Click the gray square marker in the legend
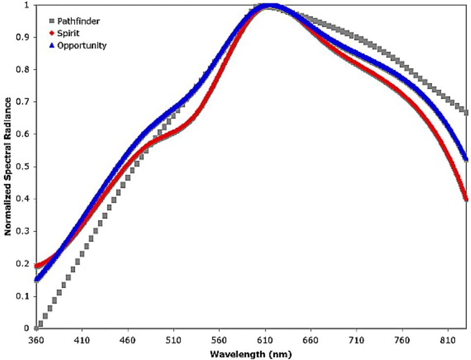pos(51,22)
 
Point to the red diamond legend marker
pos(51,34)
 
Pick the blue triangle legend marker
pos(51,46)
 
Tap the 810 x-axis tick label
pos(448,339)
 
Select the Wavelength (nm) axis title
pos(252,353)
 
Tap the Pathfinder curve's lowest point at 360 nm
pos(36,328)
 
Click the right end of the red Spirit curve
pos(466,199)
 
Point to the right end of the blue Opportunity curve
pos(466,159)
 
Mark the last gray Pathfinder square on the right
pos(466,112)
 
